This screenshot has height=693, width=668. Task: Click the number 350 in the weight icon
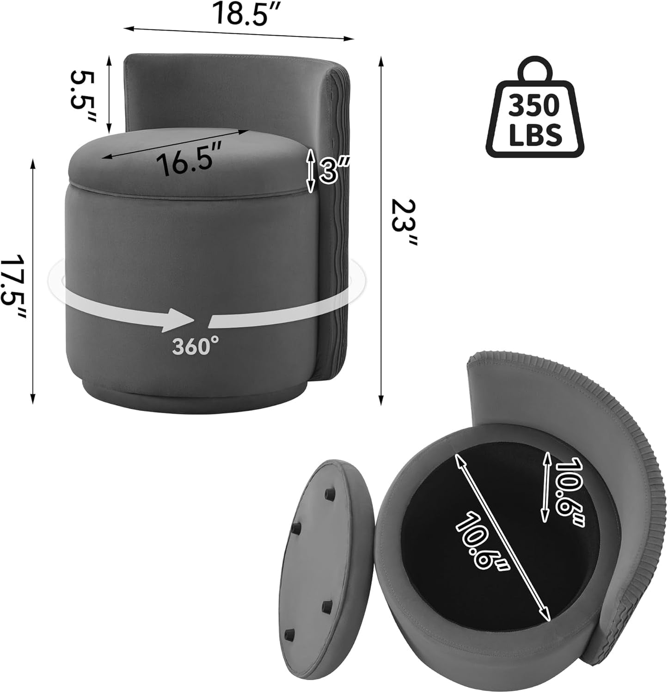534,106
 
